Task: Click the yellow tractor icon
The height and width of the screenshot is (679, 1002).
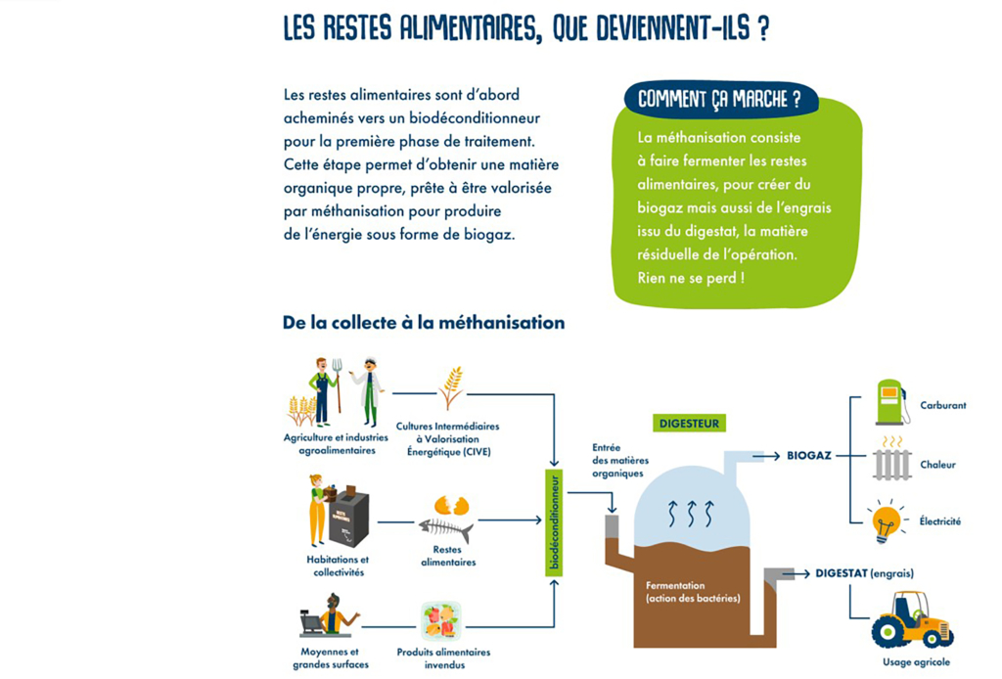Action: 912,619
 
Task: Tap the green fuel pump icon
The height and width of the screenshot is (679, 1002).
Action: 890,402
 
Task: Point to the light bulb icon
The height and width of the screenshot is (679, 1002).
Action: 887,521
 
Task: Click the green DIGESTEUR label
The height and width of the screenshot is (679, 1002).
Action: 691,424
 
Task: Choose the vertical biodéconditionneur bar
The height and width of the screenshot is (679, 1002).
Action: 554,522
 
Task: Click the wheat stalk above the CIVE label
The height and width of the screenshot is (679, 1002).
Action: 451,387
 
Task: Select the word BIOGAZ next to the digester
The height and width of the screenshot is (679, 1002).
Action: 808,455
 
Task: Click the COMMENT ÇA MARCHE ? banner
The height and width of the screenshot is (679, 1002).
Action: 719,100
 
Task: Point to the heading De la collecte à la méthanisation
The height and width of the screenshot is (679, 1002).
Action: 423,322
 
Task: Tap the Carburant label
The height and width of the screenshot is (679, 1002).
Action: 942,405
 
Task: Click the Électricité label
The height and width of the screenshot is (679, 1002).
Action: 939,521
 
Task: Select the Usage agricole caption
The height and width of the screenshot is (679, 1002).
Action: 917,662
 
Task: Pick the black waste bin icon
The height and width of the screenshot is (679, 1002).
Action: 347,517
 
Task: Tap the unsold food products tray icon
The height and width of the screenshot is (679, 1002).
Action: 440,620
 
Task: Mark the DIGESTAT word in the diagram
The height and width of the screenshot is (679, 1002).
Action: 841,573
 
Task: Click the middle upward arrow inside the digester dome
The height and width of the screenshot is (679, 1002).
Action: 691,512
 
